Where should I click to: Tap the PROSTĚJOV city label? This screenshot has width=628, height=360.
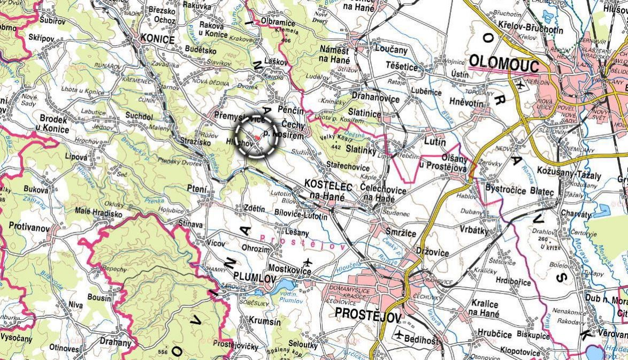coord(367,314)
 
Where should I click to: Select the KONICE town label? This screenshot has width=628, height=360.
coord(157,39)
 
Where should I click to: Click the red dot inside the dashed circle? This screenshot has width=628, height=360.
coord(257,138)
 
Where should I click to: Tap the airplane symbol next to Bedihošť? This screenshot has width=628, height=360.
coord(399,335)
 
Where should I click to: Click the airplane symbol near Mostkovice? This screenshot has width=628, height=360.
coord(308,262)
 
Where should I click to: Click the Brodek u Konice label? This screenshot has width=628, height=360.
coord(52,125)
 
